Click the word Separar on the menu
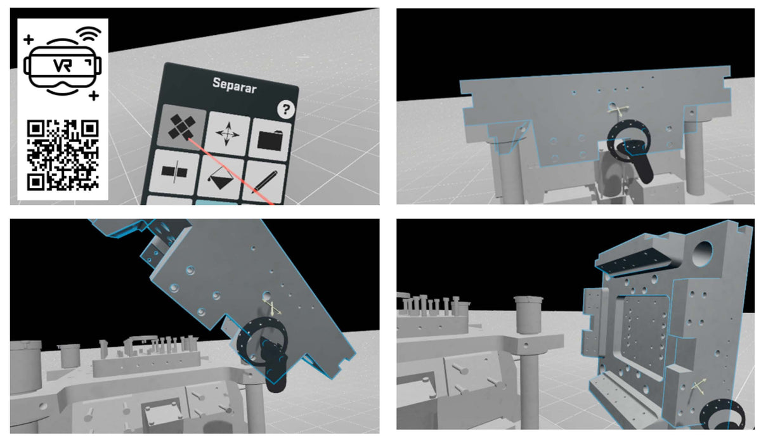point(235,86)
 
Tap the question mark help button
point(286,110)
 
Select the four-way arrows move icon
point(227,134)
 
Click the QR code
point(63,155)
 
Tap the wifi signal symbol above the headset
point(89,34)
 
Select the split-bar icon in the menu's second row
point(174,172)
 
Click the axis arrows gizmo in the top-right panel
point(618,110)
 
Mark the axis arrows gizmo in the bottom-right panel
point(698,386)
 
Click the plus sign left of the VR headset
point(29,39)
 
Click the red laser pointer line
point(230,171)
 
